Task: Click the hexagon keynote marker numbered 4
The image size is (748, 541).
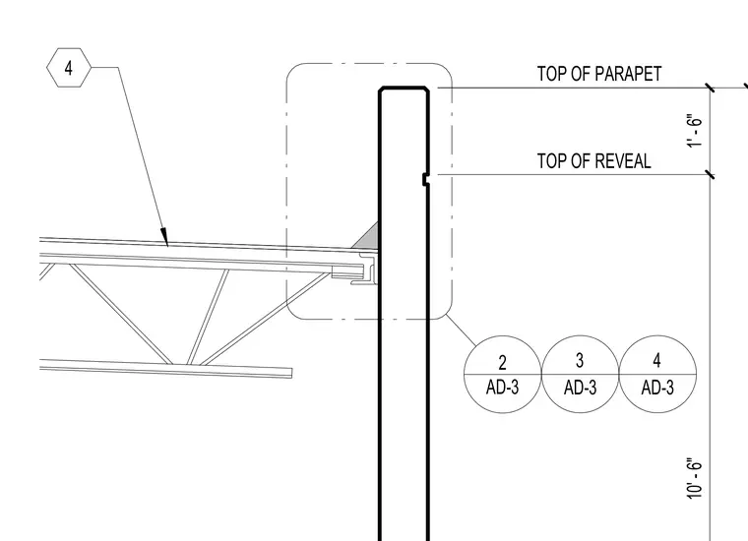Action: (x=69, y=68)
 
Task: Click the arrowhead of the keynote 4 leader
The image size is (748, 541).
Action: (x=164, y=237)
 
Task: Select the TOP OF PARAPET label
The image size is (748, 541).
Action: (x=599, y=74)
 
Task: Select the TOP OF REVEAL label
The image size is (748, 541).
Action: (x=593, y=161)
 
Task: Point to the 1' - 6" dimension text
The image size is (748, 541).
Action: (x=695, y=131)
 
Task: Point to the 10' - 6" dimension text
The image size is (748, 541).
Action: (x=695, y=479)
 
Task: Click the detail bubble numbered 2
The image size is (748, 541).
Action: (x=502, y=374)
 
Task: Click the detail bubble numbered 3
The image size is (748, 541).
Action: (x=580, y=374)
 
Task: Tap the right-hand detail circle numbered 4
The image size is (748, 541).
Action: (x=657, y=374)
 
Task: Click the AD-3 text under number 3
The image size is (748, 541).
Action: (x=580, y=388)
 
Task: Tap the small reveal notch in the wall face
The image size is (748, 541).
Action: (x=425, y=180)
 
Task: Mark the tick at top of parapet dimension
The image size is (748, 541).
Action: (x=711, y=88)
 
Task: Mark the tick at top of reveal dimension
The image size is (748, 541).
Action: (x=711, y=174)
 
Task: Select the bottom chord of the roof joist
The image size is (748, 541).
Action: (x=166, y=369)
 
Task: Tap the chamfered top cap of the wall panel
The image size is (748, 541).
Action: (x=404, y=90)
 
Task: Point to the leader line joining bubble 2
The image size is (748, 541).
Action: (x=462, y=330)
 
